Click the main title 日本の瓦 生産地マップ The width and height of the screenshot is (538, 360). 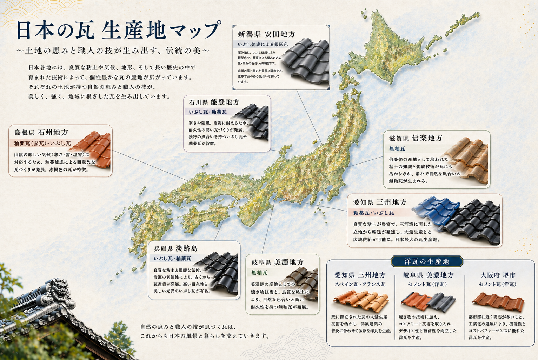pyautogui.click(x=119, y=30)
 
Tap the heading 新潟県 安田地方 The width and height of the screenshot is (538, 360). pyautogui.click(x=266, y=34)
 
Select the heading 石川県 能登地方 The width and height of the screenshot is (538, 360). pyautogui.click(x=214, y=102)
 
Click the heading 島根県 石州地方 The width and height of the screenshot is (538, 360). pyautogui.click(x=41, y=132)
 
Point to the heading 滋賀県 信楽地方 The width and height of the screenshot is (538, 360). pyautogui.click(x=416, y=138)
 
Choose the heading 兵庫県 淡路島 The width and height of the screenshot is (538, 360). pyautogui.click(x=176, y=248)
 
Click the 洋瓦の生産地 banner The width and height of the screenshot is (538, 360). pyautogui.click(x=426, y=261)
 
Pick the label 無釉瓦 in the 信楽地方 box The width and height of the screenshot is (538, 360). pyautogui.click(x=397, y=149)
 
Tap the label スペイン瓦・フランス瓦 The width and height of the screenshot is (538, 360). pyautogui.click(x=360, y=284)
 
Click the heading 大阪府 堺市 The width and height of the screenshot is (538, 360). pyautogui.click(x=498, y=275)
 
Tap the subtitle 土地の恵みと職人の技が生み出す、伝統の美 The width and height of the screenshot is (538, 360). pyautogui.click(x=113, y=51)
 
